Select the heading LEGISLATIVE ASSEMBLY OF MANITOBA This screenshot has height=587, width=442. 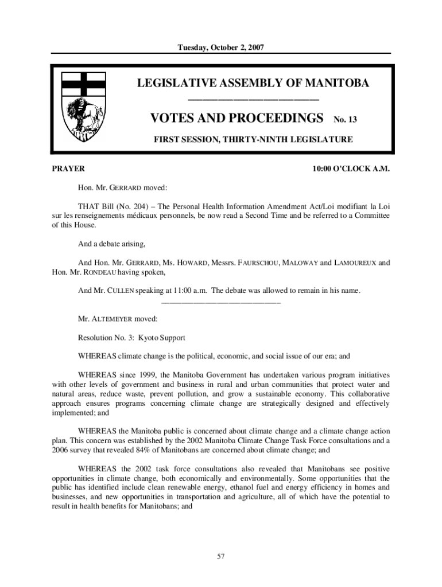coord(253,84)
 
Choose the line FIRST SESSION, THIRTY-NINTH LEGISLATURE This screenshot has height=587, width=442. coord(253,139)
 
